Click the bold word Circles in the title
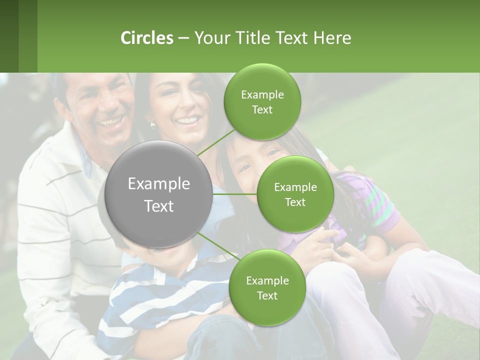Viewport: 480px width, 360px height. (147, 38)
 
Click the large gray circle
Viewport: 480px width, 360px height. (159, 194)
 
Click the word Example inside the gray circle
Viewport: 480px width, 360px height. (159, 184)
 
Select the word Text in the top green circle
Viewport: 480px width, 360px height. (262, 110)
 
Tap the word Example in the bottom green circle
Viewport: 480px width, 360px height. (267, 281)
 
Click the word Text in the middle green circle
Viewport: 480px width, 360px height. (295, 202)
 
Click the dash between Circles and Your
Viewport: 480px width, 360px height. (183, 38)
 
